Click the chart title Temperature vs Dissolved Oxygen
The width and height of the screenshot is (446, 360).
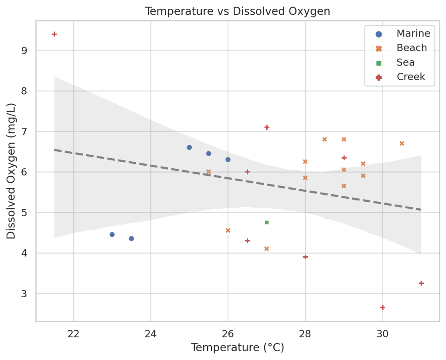coord(238,11)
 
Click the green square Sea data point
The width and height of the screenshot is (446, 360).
coord(267,222)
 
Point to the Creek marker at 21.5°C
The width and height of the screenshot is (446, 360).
coord(54,34)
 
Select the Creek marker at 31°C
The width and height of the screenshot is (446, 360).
coord(421,283)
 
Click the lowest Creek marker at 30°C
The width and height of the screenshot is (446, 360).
coord(382,307)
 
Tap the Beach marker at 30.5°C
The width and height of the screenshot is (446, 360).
coord(402,143)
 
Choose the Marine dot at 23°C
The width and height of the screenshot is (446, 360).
coord(112,234)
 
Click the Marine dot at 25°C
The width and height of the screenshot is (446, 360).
coord(189,147)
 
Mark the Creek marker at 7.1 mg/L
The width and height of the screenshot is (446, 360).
coord(267,127)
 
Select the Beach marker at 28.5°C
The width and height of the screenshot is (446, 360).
coord(324,139)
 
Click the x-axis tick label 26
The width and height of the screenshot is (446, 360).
coord(228,333)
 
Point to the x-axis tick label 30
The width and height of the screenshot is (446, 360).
coord(382,333)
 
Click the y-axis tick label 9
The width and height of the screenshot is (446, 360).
coord(24,51)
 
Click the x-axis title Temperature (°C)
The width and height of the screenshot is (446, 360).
coord(238,348)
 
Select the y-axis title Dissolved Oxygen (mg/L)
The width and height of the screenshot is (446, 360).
coord(11,171)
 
